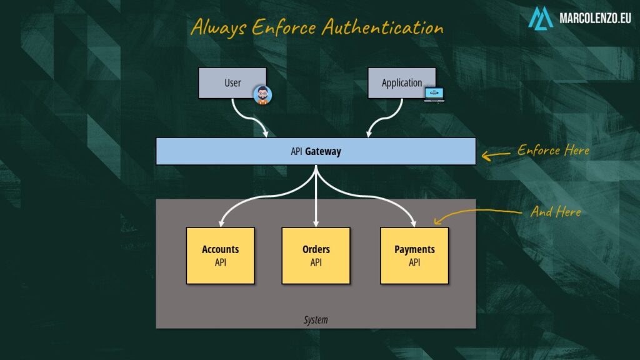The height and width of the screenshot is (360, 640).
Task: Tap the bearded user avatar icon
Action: (263, 96)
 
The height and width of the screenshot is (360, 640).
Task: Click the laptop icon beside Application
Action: (434, 94)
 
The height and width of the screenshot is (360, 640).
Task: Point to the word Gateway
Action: (323, 151)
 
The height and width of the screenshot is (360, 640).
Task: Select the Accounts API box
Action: (220, 256)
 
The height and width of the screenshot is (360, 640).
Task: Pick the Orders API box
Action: (316, 256)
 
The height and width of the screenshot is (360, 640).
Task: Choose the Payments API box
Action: (414, 256)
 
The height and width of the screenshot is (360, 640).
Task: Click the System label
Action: (316, 320)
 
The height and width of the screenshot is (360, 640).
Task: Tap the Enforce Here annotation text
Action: (553, 151)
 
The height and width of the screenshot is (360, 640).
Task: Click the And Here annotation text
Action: (556, 212)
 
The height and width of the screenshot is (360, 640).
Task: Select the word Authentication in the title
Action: (382, 27)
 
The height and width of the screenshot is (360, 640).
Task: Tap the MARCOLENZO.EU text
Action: (594, 19)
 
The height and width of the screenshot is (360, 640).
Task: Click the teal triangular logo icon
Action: (541, 18)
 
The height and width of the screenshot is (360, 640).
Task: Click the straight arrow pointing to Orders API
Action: (316, 200)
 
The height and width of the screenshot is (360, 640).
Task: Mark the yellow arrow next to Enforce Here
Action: (496, 154)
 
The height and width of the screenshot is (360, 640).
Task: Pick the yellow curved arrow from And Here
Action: (475, 213)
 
